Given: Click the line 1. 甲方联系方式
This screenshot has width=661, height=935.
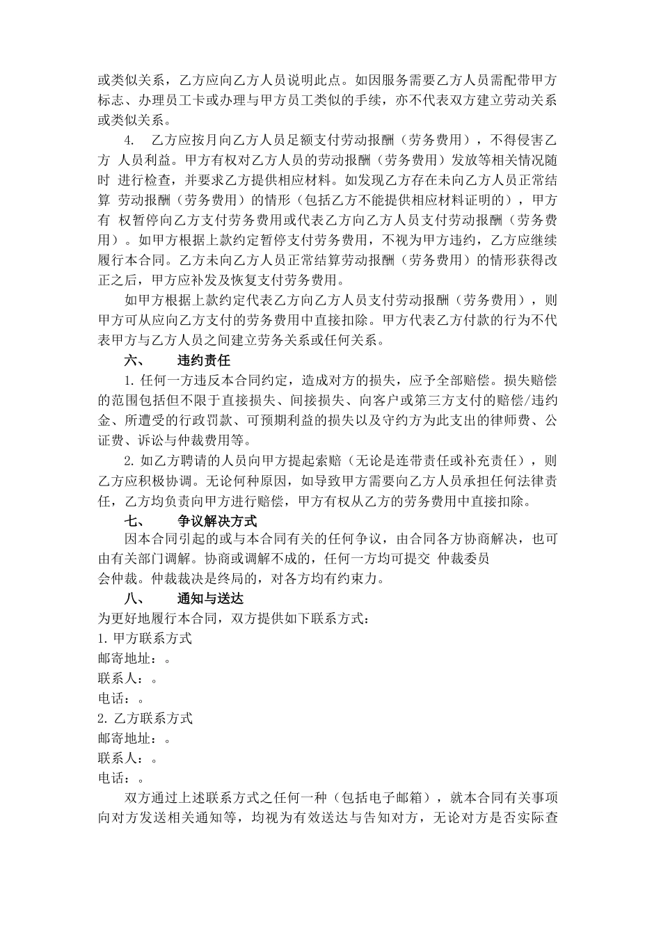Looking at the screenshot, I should [145, 638].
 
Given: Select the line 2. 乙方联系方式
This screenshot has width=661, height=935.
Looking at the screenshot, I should [145, 717].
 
